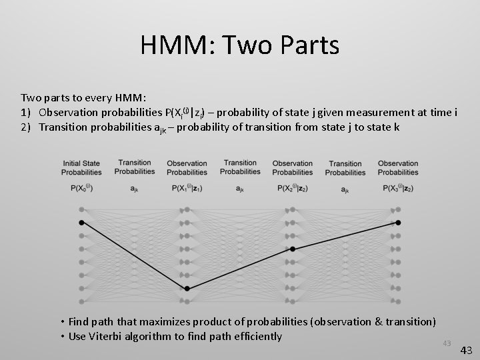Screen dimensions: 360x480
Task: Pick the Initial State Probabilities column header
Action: (x=81, y=167)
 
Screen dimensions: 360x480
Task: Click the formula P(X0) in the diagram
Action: (x=81, y=189)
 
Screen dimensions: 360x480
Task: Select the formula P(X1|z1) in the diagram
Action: (x=187, y=189)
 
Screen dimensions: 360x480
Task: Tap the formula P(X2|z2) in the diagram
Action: (x=293, y=189)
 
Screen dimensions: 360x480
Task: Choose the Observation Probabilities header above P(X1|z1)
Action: (x=187, y=167)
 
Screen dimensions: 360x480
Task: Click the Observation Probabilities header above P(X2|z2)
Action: (x=293, y=167)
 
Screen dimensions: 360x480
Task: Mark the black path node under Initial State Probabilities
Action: (x=81, y=222)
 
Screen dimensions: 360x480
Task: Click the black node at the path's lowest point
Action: (x=187, y=289)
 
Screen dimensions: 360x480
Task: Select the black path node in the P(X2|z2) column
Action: (x=293, y=249)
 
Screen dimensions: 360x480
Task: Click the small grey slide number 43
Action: (x=447, y=343)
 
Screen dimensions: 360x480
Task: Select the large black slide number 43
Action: (x=466, y=349)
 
